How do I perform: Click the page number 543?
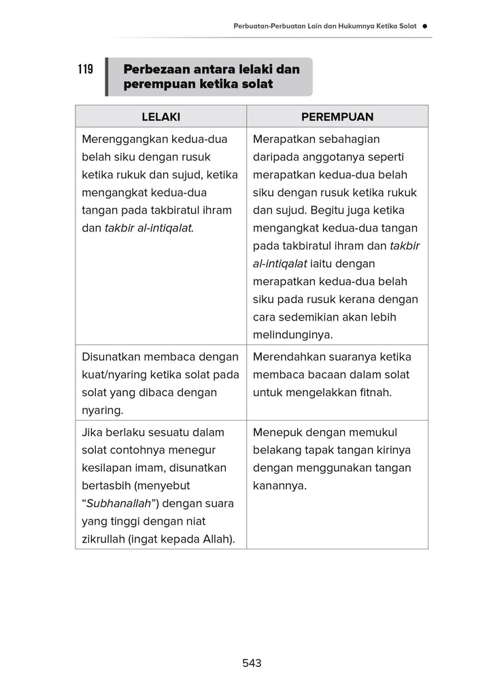pos(252,663)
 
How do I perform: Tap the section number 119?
pos(85,69)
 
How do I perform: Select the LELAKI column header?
pos(161,116)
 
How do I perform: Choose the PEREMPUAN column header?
pos(337,116)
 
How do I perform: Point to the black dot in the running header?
pos(424,26)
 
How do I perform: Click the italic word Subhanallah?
pos(118,504)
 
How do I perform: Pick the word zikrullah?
pos(103,540)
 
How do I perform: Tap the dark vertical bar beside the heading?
pos(107,77)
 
